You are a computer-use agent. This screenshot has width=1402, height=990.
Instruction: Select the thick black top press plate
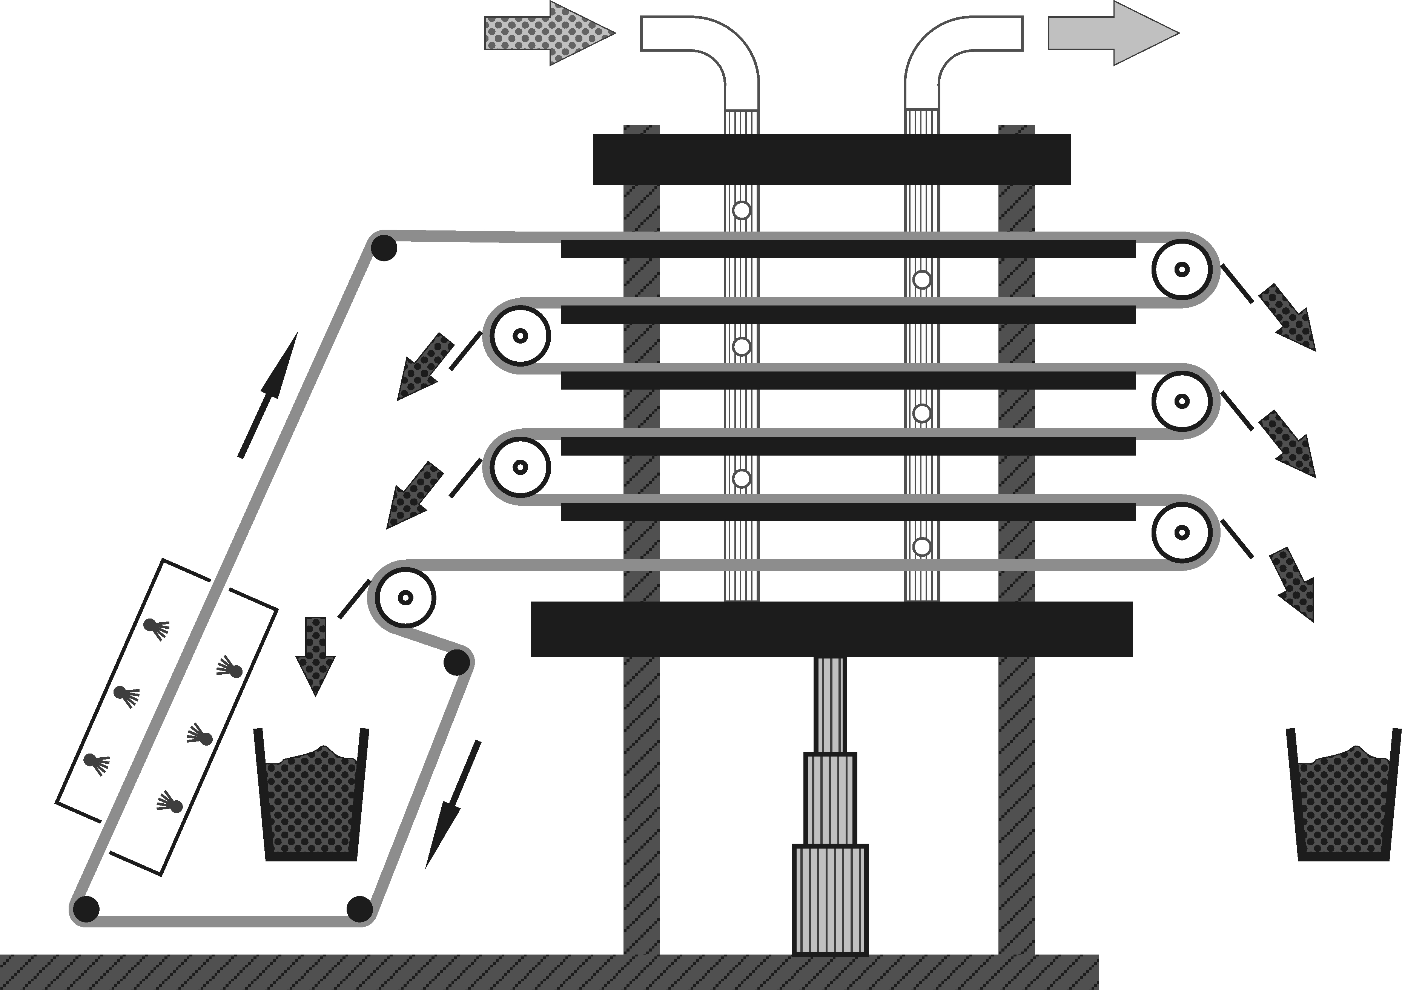[x=832, y=160]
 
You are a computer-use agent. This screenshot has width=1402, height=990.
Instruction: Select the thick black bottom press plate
[x=832, y=629]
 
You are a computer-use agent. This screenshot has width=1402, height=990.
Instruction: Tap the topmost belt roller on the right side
[x=1182, y=269]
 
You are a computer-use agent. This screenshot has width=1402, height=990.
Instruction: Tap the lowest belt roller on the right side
[x=1182, y=532]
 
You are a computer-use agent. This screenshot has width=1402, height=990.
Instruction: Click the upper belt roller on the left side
[x=520, y=335]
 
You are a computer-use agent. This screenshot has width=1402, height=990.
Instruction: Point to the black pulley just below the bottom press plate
[x=457, y=662]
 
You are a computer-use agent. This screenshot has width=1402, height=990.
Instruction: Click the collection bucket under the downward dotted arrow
[x=312, y=800]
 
